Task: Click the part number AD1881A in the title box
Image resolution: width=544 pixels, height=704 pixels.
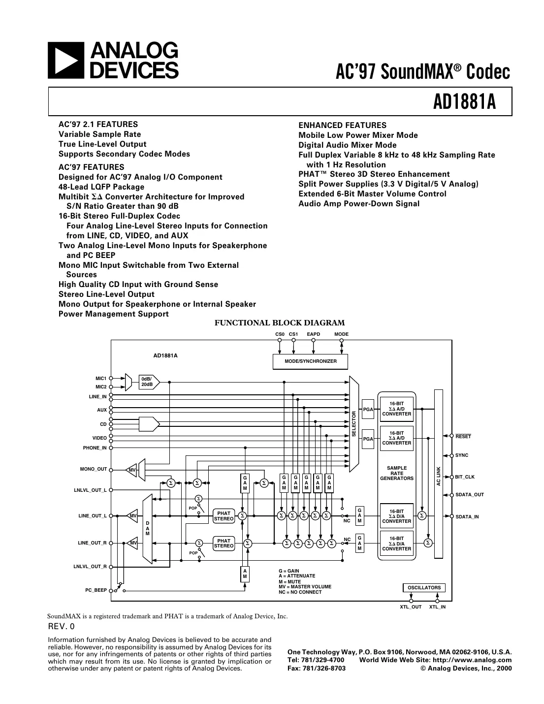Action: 464,102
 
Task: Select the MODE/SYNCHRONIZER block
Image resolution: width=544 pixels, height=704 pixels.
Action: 310,361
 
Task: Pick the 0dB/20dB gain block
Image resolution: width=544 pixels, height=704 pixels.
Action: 148,382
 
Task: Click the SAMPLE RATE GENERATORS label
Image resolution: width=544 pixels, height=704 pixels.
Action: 396,473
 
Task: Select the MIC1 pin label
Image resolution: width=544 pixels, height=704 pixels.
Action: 100,379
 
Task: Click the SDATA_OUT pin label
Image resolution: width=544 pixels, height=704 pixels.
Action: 469,495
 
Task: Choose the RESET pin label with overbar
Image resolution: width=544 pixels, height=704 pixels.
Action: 463,436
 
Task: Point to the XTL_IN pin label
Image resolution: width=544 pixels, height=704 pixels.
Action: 437,607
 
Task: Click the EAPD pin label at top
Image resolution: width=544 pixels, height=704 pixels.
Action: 313,334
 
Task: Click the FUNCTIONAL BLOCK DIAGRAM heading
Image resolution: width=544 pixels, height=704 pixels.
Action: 280,323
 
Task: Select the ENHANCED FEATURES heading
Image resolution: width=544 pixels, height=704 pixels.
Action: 342,126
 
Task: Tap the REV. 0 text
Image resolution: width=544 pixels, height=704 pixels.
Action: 62,627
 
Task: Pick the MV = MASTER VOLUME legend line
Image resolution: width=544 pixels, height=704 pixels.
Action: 305,587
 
